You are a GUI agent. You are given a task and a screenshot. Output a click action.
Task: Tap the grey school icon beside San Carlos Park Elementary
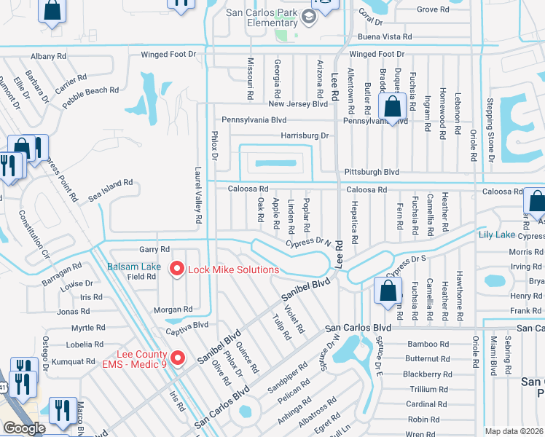point(308,16)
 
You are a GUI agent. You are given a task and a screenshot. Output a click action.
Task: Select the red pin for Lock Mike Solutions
point(176,269)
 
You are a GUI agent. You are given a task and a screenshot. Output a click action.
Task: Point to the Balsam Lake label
point(134,267)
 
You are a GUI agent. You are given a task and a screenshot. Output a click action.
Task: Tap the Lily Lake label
point(496,235)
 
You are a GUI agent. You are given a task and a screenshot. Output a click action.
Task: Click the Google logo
point(24,428)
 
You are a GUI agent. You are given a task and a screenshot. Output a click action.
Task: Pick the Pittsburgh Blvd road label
point(371,172)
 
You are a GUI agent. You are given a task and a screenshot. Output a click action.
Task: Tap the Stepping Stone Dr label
point(490,130)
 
